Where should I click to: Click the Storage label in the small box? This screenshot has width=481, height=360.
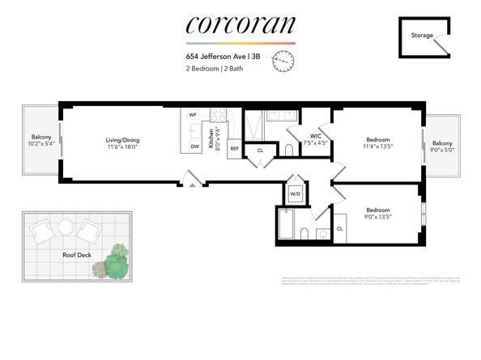(x=422, y=36)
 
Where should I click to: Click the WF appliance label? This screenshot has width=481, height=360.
(x=193, y=115)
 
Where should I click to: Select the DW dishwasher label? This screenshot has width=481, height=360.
(x=194, y=146)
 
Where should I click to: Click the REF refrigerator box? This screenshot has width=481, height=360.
(x=235, y=149)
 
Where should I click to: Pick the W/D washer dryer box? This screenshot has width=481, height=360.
(x=296, y=194)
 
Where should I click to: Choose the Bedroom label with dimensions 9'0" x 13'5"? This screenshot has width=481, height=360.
(x=377, y=212)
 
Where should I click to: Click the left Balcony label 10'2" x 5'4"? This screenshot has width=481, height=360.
(x=41, y=141)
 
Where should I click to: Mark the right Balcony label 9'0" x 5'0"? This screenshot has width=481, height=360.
(x=443, y=146)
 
